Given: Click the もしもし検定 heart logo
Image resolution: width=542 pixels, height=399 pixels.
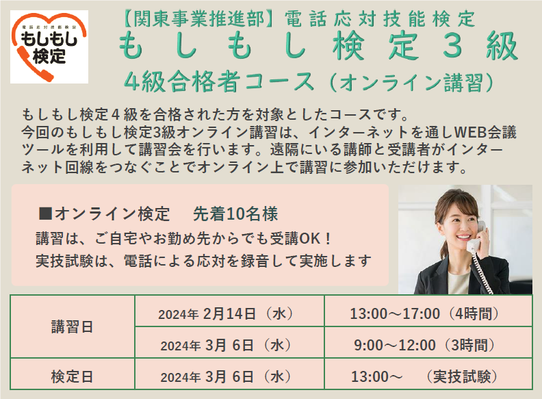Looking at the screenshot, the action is tap(49, 47).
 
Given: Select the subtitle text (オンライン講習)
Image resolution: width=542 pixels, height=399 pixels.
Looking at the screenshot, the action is tap(412, 82).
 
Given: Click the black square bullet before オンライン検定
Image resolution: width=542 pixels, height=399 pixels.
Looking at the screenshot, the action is tap(45, 214).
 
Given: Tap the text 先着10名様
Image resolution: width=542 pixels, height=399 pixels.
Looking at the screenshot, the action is tap(235, 214).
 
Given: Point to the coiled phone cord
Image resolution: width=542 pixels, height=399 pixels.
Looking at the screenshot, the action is tap(483, 273).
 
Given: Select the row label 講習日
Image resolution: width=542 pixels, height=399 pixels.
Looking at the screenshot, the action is tap(73, 326).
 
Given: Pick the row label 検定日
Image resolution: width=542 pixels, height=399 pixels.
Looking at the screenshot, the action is tap(73, 376).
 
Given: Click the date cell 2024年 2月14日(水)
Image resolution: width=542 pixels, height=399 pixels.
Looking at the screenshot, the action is tap(227, 313).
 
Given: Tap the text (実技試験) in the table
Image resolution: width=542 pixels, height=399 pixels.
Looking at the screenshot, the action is tap(461, 376).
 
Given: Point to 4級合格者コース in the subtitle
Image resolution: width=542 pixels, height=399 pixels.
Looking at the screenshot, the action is tap(219, 82).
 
